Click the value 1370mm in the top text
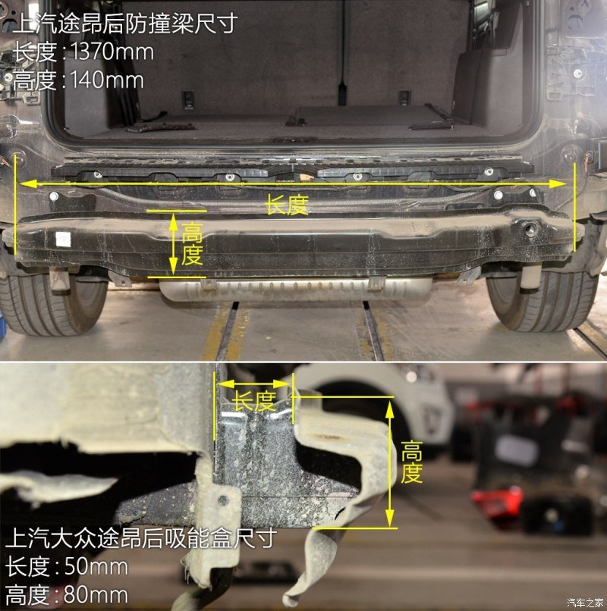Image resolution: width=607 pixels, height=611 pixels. (x=112, y=52)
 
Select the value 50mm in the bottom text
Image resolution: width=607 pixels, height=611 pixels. (x=96, y=566)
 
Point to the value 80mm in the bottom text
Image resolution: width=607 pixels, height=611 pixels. (x=96, y=595)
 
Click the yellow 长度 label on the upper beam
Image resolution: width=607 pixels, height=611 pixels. (x=287, y=205)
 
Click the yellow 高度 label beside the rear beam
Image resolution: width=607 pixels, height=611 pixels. (x=192, y=244)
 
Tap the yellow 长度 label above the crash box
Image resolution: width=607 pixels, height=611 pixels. (x=255, y=401)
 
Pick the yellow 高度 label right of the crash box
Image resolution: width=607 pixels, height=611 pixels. (x=411, y=462)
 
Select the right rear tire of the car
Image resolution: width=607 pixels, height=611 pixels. (x=543, y=301)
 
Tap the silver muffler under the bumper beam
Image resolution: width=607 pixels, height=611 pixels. (x=297, y=290)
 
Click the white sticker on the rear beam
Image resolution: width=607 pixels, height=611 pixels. (x=63, y=239)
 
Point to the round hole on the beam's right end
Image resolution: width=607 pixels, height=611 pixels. (x=530, y=229)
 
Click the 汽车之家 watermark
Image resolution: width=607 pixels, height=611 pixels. (x=584, y=603)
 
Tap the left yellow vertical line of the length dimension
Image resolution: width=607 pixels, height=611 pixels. (x=16, y=205)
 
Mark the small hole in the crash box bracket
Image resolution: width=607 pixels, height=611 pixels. (x=223, y=500)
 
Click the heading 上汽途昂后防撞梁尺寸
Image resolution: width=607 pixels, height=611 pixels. (x=125, y=23)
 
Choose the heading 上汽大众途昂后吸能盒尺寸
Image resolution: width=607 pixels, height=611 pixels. (x=141, y=537)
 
